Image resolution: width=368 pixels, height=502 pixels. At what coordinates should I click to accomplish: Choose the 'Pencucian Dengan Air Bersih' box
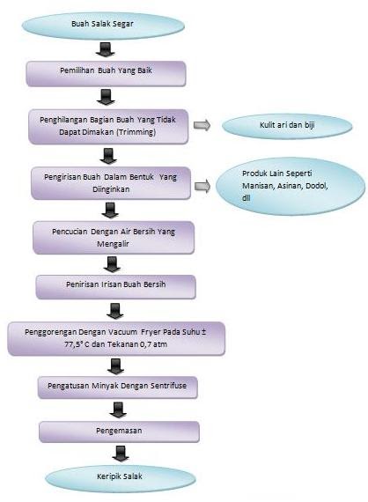tap(107, 235)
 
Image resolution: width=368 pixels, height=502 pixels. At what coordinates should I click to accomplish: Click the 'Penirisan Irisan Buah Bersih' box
tap(114, 286)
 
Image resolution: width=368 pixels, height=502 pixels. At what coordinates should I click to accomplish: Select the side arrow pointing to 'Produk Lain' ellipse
tap(202, 184)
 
